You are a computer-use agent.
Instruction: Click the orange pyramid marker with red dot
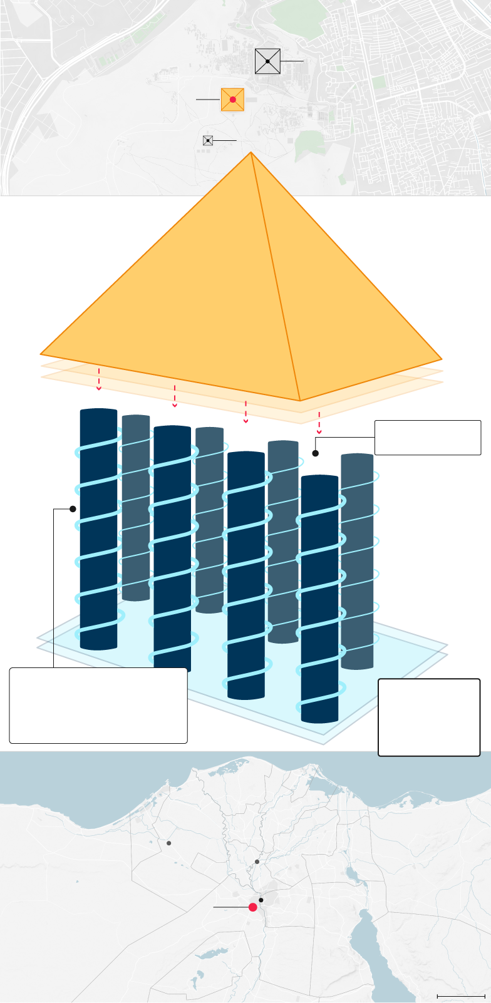232,100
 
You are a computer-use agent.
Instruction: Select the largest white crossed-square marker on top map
267,61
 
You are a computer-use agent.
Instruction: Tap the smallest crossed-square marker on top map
208,141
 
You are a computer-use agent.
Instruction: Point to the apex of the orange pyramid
251,153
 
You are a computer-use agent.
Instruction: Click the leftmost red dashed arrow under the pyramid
98,379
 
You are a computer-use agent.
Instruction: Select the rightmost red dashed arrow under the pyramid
319,423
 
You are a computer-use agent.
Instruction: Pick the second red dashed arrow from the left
175,396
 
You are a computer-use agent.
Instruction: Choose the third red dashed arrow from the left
246,412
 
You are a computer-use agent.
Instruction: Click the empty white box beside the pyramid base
427,438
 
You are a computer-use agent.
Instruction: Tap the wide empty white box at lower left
98,705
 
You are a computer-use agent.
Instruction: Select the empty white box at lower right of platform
429,717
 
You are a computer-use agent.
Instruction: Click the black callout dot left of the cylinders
73,509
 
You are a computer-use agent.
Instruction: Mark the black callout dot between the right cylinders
316,453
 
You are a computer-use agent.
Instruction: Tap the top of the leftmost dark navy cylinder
98,411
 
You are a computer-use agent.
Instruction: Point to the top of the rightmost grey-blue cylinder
357,456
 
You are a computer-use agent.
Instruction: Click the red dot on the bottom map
253,907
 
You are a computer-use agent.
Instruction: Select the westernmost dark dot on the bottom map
168,843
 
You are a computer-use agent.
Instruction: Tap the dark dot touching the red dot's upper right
261,900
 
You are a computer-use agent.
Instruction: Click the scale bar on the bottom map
461,995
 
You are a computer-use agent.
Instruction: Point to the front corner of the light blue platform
323,743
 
